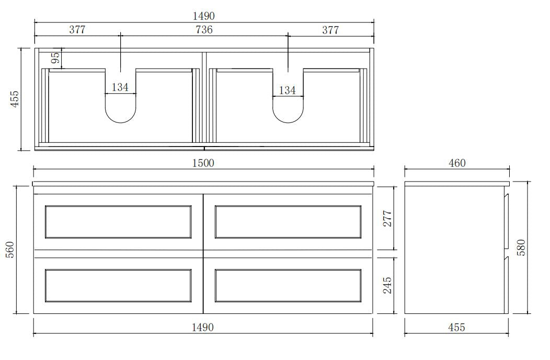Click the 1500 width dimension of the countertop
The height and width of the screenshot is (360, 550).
(203, 163)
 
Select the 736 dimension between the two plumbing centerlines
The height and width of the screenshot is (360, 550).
(204, 30)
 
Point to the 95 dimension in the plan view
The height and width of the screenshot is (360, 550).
(55, 58)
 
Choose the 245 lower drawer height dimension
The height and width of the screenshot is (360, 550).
(387, 285)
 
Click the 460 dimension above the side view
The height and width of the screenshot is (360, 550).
(457, 163)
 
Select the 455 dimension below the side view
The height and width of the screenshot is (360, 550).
(456, 328)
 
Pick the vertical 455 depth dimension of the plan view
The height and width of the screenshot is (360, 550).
(14, 99)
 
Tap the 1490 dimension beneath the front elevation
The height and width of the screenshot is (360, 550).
(203, 328)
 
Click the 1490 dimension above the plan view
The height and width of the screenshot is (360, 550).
(204, 16)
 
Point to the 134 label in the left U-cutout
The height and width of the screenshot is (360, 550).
(120, 87)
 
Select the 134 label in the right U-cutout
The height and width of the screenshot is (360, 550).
(287, 91)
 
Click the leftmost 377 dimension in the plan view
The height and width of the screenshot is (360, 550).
(77, 30)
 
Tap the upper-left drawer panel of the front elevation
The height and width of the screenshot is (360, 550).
(118, 222)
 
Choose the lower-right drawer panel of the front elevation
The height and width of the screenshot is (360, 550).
(288, 286)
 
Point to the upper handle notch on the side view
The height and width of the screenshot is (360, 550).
(506, 197)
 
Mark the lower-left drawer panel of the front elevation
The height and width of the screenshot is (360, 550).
(118, 286)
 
